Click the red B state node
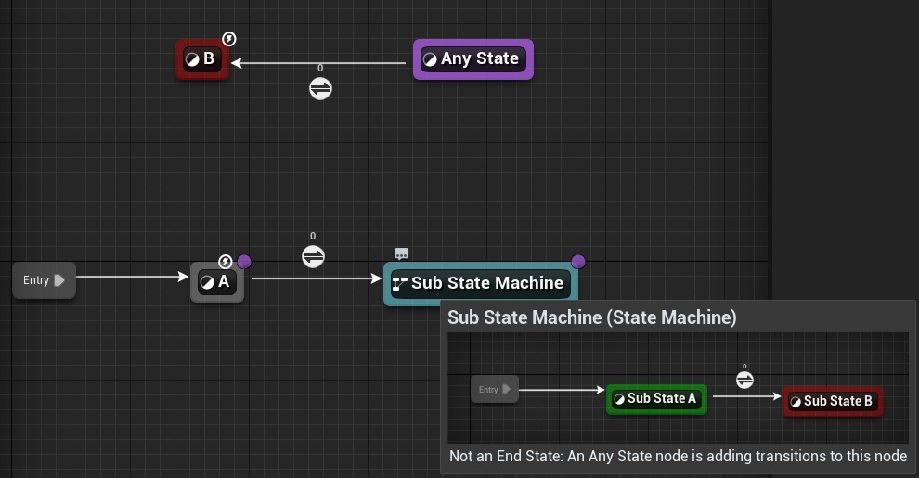202,59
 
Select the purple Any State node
472,59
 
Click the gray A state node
217,282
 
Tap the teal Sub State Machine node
479,283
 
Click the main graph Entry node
44,280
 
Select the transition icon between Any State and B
320,88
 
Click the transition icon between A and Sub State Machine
313,256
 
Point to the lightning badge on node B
229,39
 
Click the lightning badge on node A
226,262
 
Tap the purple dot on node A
244,262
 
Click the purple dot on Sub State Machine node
578,262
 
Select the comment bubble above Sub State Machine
401,253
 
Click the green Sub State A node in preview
656,399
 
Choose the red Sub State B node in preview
832,401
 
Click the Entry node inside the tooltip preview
492,390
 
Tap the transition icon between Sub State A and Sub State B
744,380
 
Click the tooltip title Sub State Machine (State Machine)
591,317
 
